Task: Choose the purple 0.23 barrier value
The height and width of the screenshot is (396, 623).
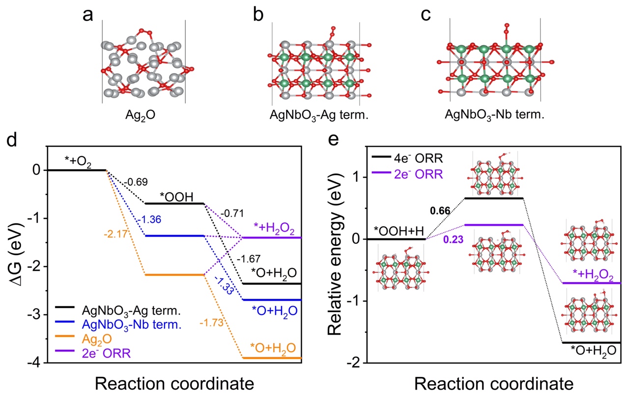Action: (452, 240)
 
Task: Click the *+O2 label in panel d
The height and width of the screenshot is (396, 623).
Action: (78, 160)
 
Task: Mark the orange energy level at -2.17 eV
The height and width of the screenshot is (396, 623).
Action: (174, 275)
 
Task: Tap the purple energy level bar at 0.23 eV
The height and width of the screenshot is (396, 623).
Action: (493, 225)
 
